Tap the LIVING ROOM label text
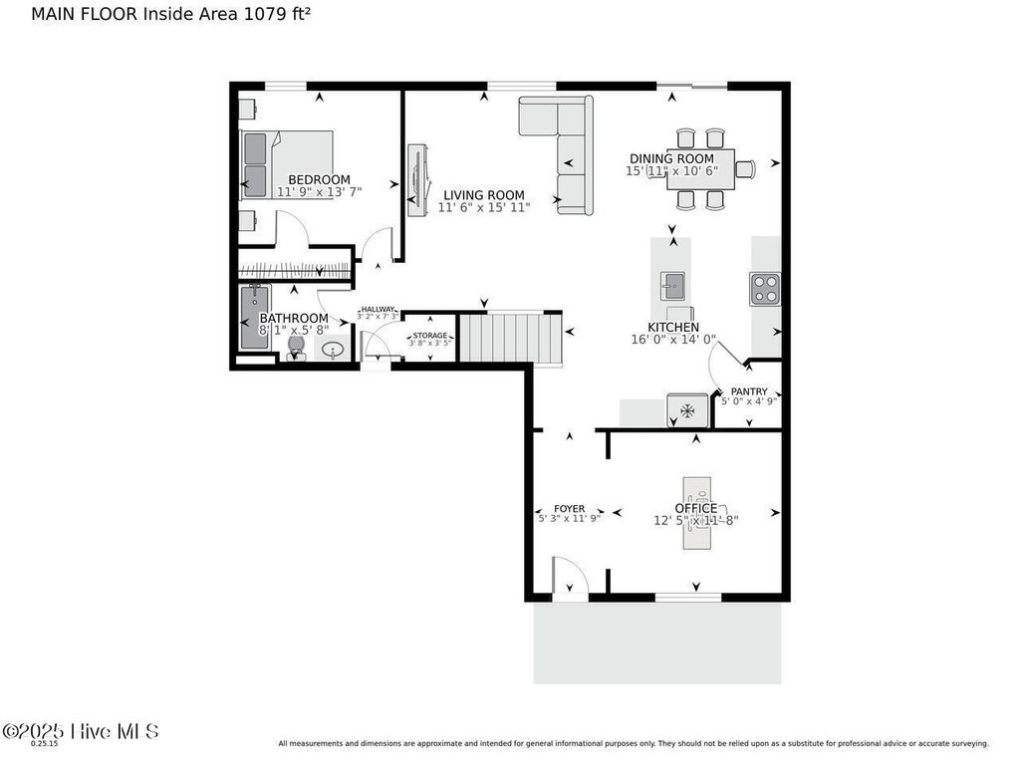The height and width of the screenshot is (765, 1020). point(484,195)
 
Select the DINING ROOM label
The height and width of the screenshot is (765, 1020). point(671,158)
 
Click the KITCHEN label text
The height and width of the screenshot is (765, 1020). point(672,327)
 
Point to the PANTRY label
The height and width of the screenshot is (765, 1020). point(748,391)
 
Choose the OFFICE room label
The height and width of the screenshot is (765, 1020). point(695,508)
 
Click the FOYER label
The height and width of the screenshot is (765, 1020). point(569,508)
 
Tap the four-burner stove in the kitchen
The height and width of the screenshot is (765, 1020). point(765,288)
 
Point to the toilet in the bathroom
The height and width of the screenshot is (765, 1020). point(296,348)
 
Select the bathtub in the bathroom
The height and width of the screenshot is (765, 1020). point(254,318)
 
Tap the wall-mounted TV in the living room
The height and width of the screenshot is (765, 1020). point(416,180)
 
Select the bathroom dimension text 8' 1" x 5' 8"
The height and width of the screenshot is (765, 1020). point(294,330)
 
